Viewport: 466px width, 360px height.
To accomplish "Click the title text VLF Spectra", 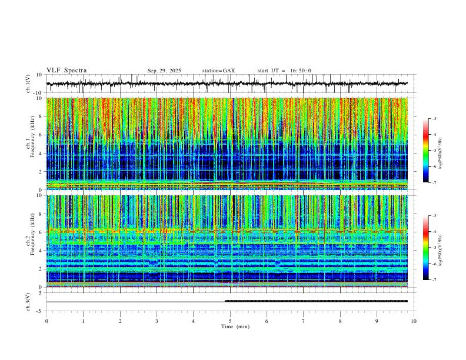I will pos(66,71).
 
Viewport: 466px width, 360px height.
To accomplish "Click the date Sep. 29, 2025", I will pos(165,71).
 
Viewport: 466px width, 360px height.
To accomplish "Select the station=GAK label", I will pos(218,71).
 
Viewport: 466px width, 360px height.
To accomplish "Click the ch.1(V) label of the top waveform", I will pos(28,84).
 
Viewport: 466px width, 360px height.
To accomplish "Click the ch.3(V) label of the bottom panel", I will pos(28,301).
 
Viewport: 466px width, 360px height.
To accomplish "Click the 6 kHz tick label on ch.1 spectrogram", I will pos(39,135).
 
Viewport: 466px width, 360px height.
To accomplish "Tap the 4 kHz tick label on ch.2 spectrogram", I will pos(39,251).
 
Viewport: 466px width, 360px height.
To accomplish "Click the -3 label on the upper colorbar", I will pos(434,119).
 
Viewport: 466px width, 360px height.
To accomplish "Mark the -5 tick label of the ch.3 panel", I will pos(38,311).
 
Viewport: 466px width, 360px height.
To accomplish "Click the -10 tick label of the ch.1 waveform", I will pos(37,93).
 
